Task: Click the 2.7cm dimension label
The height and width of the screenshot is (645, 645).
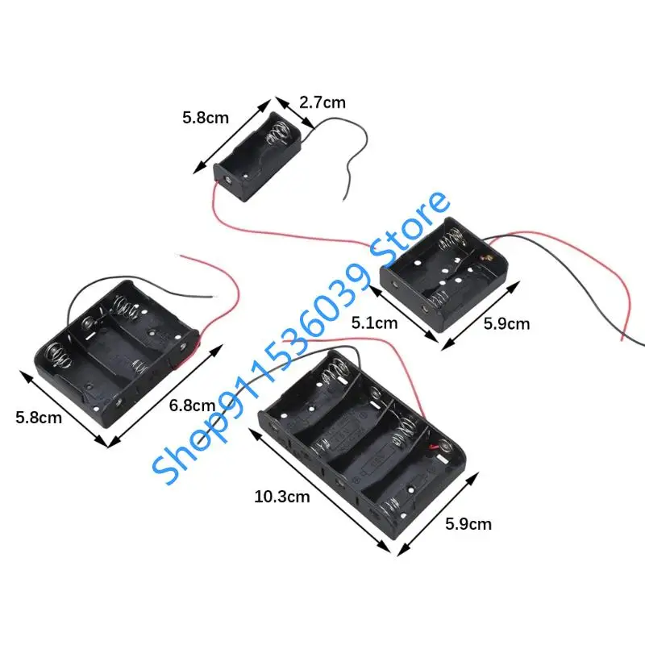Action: [x=322, y=102]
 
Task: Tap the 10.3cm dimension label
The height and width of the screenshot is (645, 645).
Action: [x=281, y=497]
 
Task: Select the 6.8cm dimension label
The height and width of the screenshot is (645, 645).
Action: [x=193, y=406]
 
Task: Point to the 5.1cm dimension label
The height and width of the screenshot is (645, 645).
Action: [x=374, y=323]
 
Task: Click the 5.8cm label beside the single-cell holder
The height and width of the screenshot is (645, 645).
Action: [x=205, y=118]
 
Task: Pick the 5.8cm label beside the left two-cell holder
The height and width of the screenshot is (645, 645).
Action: [x=39, y=418]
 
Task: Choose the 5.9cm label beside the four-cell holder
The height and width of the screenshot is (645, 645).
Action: [x=468, y=523]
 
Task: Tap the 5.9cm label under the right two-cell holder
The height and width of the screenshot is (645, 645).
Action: [x=506, y=323]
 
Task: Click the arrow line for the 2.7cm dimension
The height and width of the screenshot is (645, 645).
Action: [x=293, y=116]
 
